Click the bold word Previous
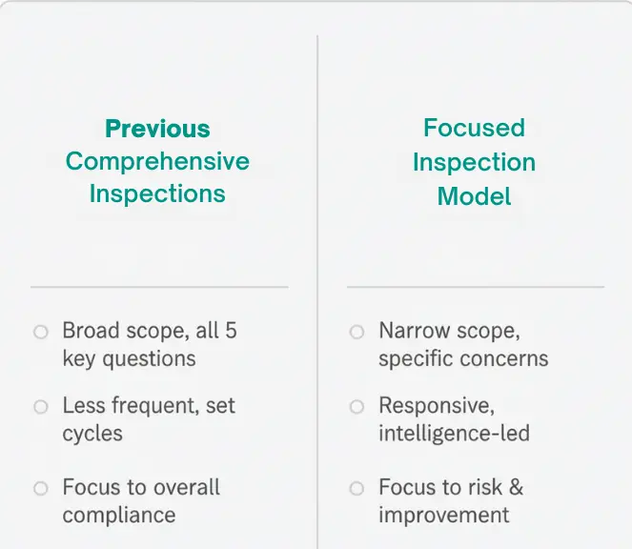[157, 129]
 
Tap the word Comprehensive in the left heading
[157, 161]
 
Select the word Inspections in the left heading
[157, 193]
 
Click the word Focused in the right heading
[474, 128]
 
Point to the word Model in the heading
[474, 196]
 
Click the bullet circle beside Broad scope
[40, 333]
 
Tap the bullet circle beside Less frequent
[40, 407]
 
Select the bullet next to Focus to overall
[40, 489]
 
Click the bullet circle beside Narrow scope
[357, 333]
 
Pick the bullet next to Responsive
[357, 407]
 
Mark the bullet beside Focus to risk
[357, 489]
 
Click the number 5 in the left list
[230, 332]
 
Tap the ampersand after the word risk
[515, 488]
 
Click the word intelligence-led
[454, 434]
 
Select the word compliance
[119, 516]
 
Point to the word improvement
[443, 516]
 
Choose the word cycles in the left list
[92, 434]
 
